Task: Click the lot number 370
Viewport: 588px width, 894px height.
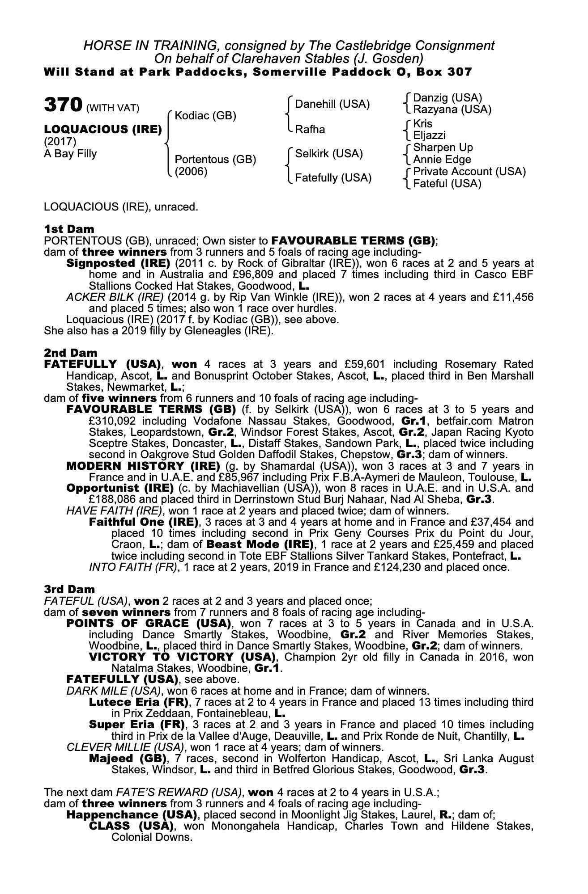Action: click(x=63, y=105)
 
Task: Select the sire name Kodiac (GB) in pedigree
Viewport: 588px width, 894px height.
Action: click(x=205, y=116)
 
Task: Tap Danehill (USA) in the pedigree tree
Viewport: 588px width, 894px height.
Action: click(x=332, y=104)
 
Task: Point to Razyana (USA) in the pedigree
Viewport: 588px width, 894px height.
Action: click(x=452, y=110)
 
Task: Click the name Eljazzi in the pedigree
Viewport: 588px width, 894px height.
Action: click(x=429, y=135)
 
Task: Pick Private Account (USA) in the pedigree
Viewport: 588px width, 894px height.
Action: click(x=469, y=172)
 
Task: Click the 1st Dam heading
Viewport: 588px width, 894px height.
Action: click(x=69, y=229)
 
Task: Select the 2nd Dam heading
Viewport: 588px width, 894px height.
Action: click(x=71, y=353)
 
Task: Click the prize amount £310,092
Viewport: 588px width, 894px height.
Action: click(x=111, y=421)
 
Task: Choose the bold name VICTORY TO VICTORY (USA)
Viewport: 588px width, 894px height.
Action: click(x=182, y=657)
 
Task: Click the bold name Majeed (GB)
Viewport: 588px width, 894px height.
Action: click(x=128, y=759)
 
